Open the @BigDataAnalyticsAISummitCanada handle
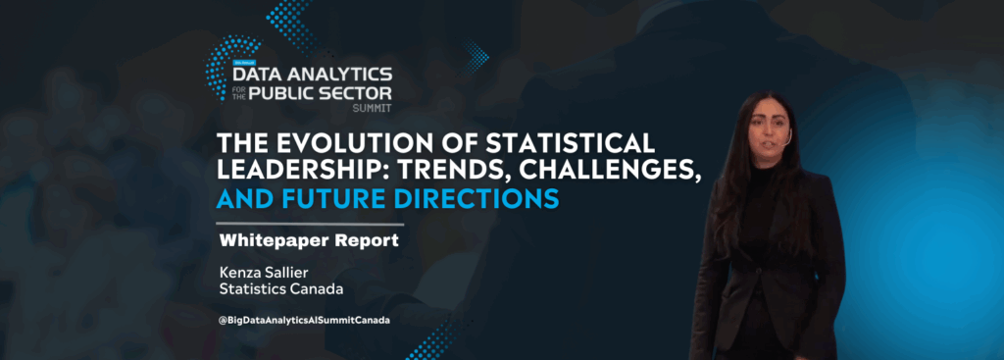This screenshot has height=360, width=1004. pos(303,321)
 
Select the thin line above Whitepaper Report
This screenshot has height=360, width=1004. pos(309,225)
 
